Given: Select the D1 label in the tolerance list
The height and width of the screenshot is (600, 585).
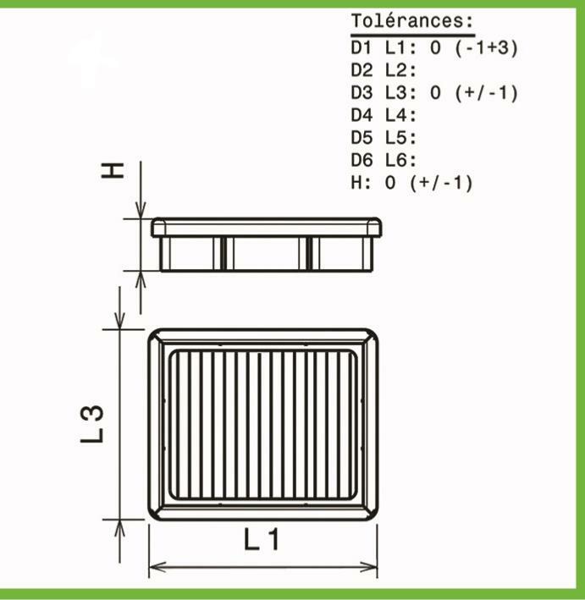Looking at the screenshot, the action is click(361, 47).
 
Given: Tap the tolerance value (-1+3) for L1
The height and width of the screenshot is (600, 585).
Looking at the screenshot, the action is click(486, 48).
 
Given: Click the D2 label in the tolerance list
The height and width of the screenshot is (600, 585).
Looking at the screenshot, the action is click(361, 70).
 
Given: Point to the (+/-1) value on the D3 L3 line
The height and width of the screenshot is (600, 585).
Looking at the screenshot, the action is click(486, 93).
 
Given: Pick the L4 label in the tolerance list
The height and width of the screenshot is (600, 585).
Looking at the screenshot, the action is click(400, 115).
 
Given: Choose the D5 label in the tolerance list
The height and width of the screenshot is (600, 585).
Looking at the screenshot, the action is click(361, 138).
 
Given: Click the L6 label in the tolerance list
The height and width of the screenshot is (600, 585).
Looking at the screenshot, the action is click(400, 160).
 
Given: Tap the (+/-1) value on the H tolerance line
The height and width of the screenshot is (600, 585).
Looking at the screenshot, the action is click(441, 183).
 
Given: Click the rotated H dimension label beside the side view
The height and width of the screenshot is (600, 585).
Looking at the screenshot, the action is click(113, 170).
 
